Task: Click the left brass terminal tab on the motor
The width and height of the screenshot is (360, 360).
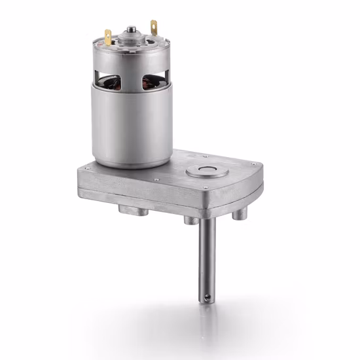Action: coord(108,38)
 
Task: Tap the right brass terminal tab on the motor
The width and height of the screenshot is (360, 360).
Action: coord(154,28)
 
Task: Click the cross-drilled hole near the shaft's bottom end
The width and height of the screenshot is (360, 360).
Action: coord(207,297)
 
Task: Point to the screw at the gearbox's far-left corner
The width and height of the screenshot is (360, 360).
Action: coord(83,168)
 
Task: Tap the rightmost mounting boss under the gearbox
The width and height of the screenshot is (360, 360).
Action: coord(240,213)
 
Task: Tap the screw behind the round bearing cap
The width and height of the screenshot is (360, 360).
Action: coord(205,156)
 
